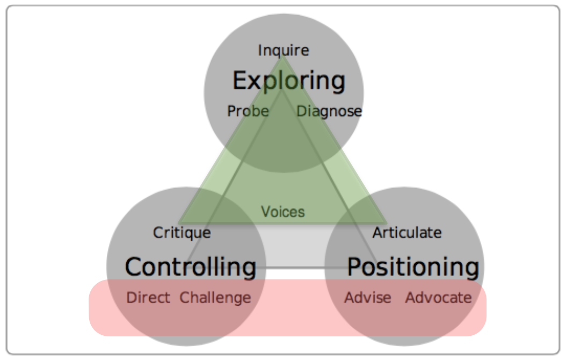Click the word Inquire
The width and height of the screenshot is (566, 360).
pyautogui.click(x=284, y=51)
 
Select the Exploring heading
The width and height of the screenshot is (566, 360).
pyautogui.click(x=288, y=81)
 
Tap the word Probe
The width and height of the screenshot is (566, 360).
pyautogui.click(x=248, y=111)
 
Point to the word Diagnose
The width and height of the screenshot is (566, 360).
pyautogui.click(x=329, y=111)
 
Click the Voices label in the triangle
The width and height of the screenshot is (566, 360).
pyautogui.click(x=283, y=212)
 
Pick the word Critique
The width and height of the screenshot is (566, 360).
pyautogui.click(x=182, y=233)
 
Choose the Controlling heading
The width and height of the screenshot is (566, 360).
pyautogui.click(x=191, y=267)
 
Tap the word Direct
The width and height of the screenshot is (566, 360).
pyautogui.click(x=148, y=298)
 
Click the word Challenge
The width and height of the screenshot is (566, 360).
pyautogui.click(x=215, y=298)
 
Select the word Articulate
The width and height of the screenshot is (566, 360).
pyautogui.click(x=407, y=233)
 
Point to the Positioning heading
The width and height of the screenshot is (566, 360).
pyautogui.click(x=413, y=267)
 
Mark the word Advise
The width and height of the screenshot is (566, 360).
pyautogui.click(x=367, y=298)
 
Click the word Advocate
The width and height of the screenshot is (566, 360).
pyautogui.click(x=438, y=298)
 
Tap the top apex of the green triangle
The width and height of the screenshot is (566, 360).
pyautogui.click(x=282, y=56)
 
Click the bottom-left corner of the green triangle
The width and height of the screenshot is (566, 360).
pyautogui.click(x=178, y=223)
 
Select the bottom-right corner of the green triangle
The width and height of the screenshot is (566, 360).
pyautogui.click(x=387, y=223)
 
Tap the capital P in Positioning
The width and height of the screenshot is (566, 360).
pyautogui.click(x=354, y=267)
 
